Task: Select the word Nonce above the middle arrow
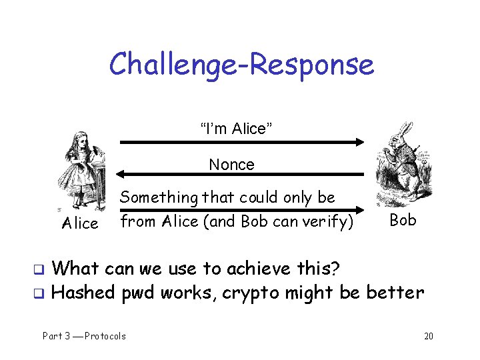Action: pyautogui.click(x=231, y=165)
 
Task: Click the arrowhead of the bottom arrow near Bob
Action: pyautogui.click(x=361, y=209)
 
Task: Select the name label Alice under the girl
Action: pyautogui.click(x=79, y=223)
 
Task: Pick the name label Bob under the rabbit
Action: pyautogui.click(x=403, y=220)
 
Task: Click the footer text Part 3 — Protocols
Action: pyautogui.click(x=84, y=336)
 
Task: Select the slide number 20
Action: pyautogui.click(x=428, y=336)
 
